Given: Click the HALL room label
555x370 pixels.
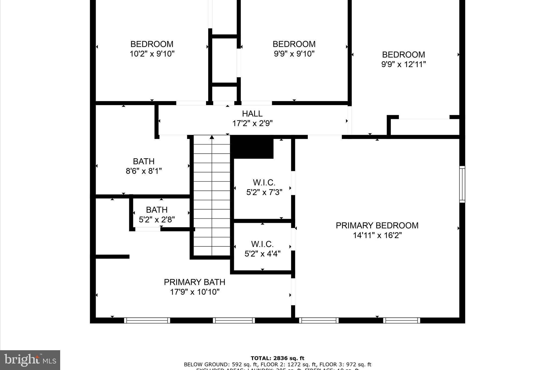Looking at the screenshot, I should [252, 114].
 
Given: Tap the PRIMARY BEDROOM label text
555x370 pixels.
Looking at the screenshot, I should [377, 226].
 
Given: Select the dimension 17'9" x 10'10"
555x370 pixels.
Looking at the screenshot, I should [195, 292].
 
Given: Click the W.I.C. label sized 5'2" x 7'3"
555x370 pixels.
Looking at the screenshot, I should [264, 182].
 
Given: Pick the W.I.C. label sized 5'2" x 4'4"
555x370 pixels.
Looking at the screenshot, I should [262, 244].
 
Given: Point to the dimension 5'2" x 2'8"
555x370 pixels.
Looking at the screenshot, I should [157, 220].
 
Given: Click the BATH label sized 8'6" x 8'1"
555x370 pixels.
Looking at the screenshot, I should [144, 161].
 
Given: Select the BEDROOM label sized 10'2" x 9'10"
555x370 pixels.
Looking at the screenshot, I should [152, 44].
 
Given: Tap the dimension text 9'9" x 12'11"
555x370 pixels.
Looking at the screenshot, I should [404, 65].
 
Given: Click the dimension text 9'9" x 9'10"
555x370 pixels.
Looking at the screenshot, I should [294, 54].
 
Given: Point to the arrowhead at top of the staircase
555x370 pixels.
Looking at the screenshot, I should [212, 137].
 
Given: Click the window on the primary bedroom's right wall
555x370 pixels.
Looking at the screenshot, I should [462, 184].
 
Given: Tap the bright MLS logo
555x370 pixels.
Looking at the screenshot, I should [30, 360].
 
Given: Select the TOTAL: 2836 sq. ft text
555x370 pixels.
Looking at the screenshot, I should [277, 358].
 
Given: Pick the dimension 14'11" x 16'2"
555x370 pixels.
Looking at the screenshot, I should [377, 235].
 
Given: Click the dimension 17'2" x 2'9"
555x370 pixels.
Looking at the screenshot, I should [252, 124].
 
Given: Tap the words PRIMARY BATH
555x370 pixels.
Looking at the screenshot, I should [195, 282].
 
